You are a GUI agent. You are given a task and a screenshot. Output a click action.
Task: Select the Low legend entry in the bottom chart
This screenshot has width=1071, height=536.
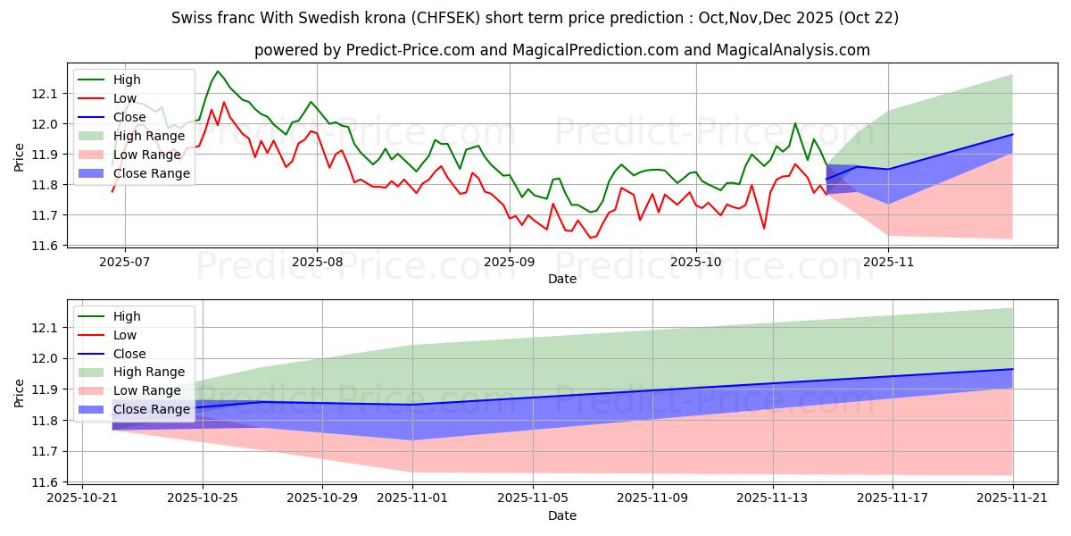tap(125, 335)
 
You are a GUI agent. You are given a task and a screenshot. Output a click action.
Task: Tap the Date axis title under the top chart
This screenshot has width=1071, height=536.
tap(562, 279)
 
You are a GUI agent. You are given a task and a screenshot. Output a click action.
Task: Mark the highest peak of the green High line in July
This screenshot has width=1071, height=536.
tap(217, 71)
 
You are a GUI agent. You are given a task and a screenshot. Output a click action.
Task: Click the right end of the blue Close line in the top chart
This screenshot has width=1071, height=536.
tap(1013, 134)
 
